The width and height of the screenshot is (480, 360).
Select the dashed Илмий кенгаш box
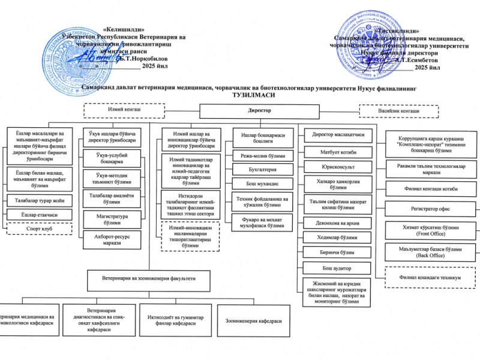(123, 110)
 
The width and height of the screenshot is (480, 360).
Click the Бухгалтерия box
(262, 170)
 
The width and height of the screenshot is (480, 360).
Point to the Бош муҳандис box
(262, 184)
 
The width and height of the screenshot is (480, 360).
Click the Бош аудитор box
(334, 268)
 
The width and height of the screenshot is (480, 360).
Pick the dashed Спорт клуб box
(38, 229)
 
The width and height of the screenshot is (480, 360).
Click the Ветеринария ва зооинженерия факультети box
(149, 279)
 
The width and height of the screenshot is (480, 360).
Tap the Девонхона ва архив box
(334, 223)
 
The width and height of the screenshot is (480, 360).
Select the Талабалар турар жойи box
(38, 200)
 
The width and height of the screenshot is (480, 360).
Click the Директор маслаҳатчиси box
(334, 134)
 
